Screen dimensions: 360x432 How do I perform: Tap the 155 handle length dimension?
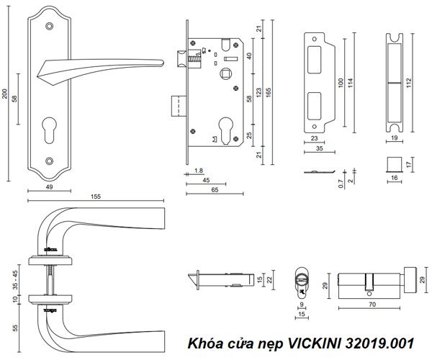click(x=96, y=196)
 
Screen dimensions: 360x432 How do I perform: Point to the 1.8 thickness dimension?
click(x=198, y=171)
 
